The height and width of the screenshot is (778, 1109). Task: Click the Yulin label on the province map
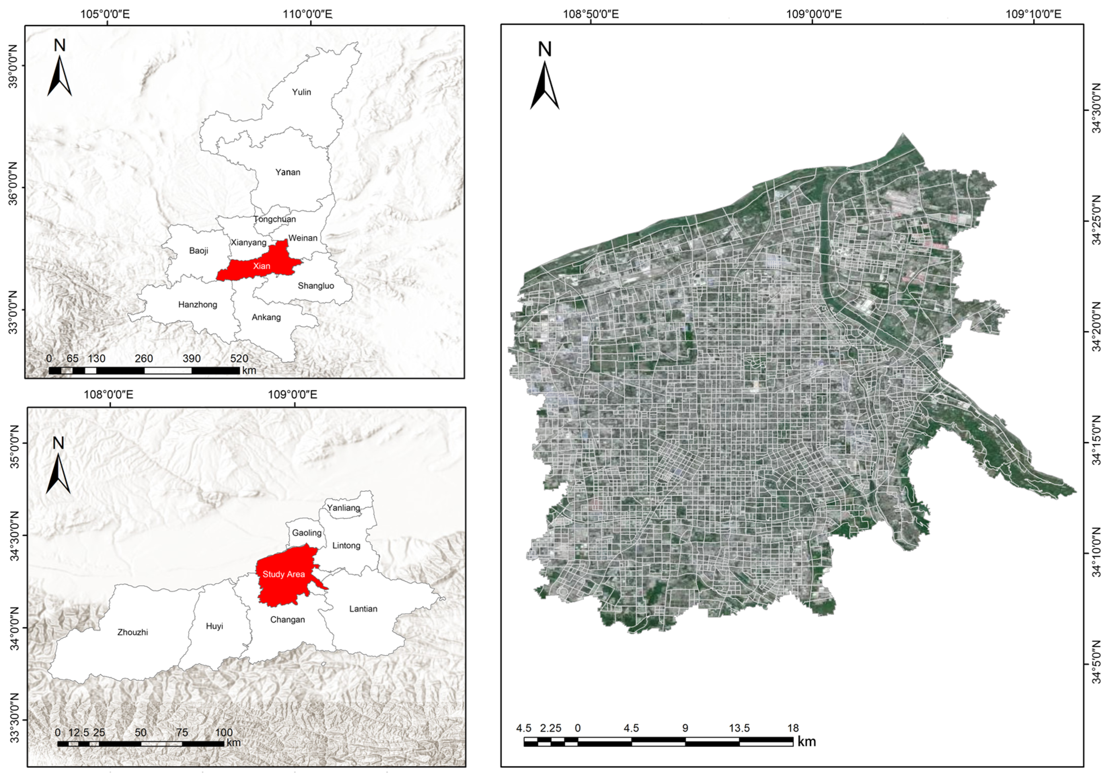tap(302, 92)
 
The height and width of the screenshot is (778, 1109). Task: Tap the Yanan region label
tap(288, 172)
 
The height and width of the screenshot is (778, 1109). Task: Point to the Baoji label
tap(199, 250)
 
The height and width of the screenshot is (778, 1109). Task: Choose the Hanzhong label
tap(198, 304)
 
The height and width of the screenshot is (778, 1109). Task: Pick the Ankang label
tap(266, 317)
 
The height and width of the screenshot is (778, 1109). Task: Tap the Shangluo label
tap(316, 286)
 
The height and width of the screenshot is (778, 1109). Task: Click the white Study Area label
tap(283, 574)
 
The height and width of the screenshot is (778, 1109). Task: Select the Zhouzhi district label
tap(132, 632)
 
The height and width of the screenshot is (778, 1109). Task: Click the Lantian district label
tap(363, 608)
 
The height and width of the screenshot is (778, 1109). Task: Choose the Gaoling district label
tap(307, 532)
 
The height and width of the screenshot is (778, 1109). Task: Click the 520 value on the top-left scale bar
tap(239, 359)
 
